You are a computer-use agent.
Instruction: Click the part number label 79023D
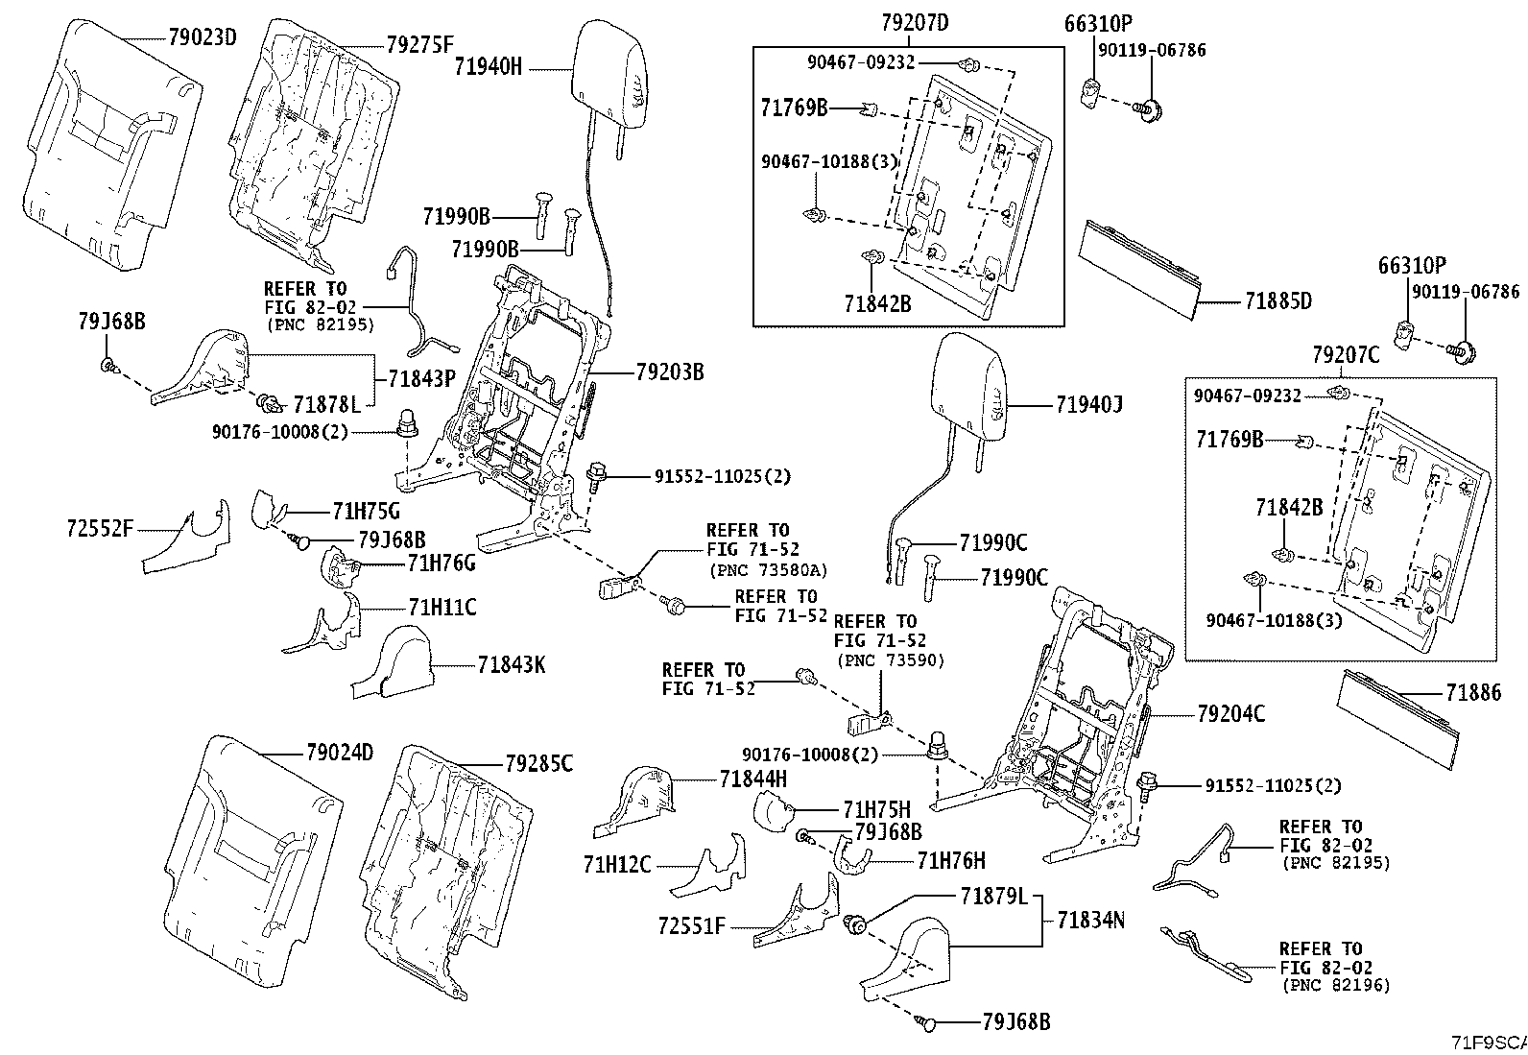(202, 38)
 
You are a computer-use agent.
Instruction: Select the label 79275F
(420, 44)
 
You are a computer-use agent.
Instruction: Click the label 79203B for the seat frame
(669, 372)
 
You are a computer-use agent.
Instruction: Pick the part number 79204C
(1230, 713)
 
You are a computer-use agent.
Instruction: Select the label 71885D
(1278, 301)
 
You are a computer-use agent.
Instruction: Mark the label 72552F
(100, 527)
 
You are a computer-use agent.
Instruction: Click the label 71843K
(511, 663)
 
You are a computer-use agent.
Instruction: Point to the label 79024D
(339, 752)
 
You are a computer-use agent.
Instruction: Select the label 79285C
(538, 763)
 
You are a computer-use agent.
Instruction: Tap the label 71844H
(752, 779)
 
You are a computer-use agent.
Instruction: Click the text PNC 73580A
(768, 570)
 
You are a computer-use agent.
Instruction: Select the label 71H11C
(442, 607)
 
